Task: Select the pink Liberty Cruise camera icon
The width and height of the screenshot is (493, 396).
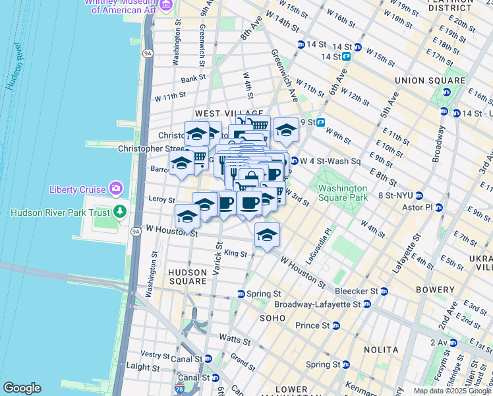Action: coord(116,189)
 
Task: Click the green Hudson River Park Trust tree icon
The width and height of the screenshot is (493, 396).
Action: coord(119,212)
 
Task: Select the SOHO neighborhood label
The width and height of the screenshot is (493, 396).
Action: coord(272,317)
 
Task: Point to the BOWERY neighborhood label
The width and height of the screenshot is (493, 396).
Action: coord(435,290)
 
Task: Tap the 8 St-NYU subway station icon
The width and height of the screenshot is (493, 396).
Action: coord(418,195)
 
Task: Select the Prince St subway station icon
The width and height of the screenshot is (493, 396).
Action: coord(335,325)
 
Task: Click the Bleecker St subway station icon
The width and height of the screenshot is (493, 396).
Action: coord(384,291)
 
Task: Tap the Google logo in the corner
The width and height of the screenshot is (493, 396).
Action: coord(22,388)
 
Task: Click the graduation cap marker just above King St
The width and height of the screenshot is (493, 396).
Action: coord(267,235)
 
